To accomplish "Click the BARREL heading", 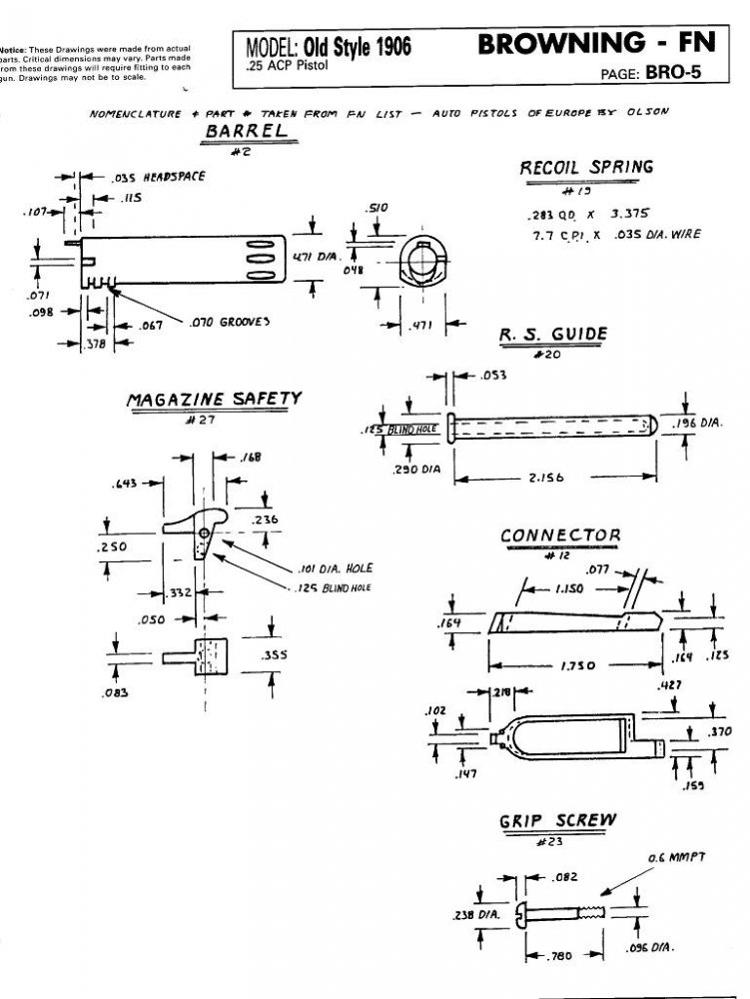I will (246, 132).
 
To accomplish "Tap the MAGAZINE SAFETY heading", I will (213, 400).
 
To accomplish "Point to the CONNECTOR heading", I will (559, 535).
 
